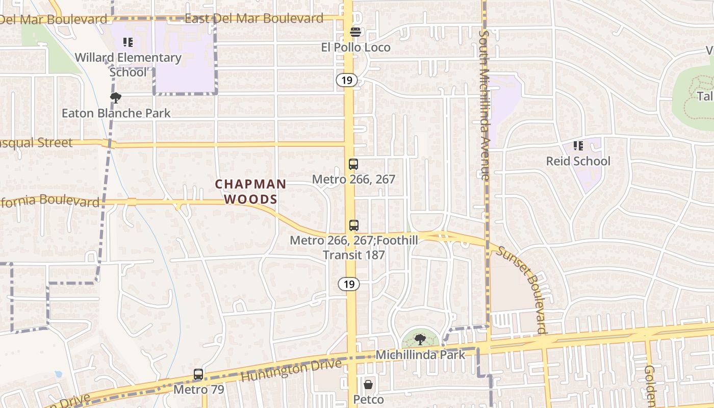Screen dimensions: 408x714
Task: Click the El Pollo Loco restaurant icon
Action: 355,32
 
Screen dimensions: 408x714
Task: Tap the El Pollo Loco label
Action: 355,47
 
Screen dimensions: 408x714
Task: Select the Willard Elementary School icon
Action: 127,42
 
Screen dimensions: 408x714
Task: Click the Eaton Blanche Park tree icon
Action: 116,97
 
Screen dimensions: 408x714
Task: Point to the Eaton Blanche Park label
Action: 116,113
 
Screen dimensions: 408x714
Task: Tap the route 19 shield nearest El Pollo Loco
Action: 347,80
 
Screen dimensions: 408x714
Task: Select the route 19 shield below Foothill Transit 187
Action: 349,284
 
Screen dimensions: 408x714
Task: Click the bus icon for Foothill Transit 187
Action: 353,225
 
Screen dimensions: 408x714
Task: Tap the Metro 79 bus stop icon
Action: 198,374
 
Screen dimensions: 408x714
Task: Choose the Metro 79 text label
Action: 198,390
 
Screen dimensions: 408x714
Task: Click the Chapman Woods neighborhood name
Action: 250,191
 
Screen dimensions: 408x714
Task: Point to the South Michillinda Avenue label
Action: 484,105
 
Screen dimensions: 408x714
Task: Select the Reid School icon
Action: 578,146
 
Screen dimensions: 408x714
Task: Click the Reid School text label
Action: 578,161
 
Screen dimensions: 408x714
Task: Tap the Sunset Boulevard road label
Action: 522,290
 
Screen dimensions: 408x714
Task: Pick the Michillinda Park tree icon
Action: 420,339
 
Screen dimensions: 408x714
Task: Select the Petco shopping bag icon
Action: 368,384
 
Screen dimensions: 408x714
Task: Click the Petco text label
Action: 368,399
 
